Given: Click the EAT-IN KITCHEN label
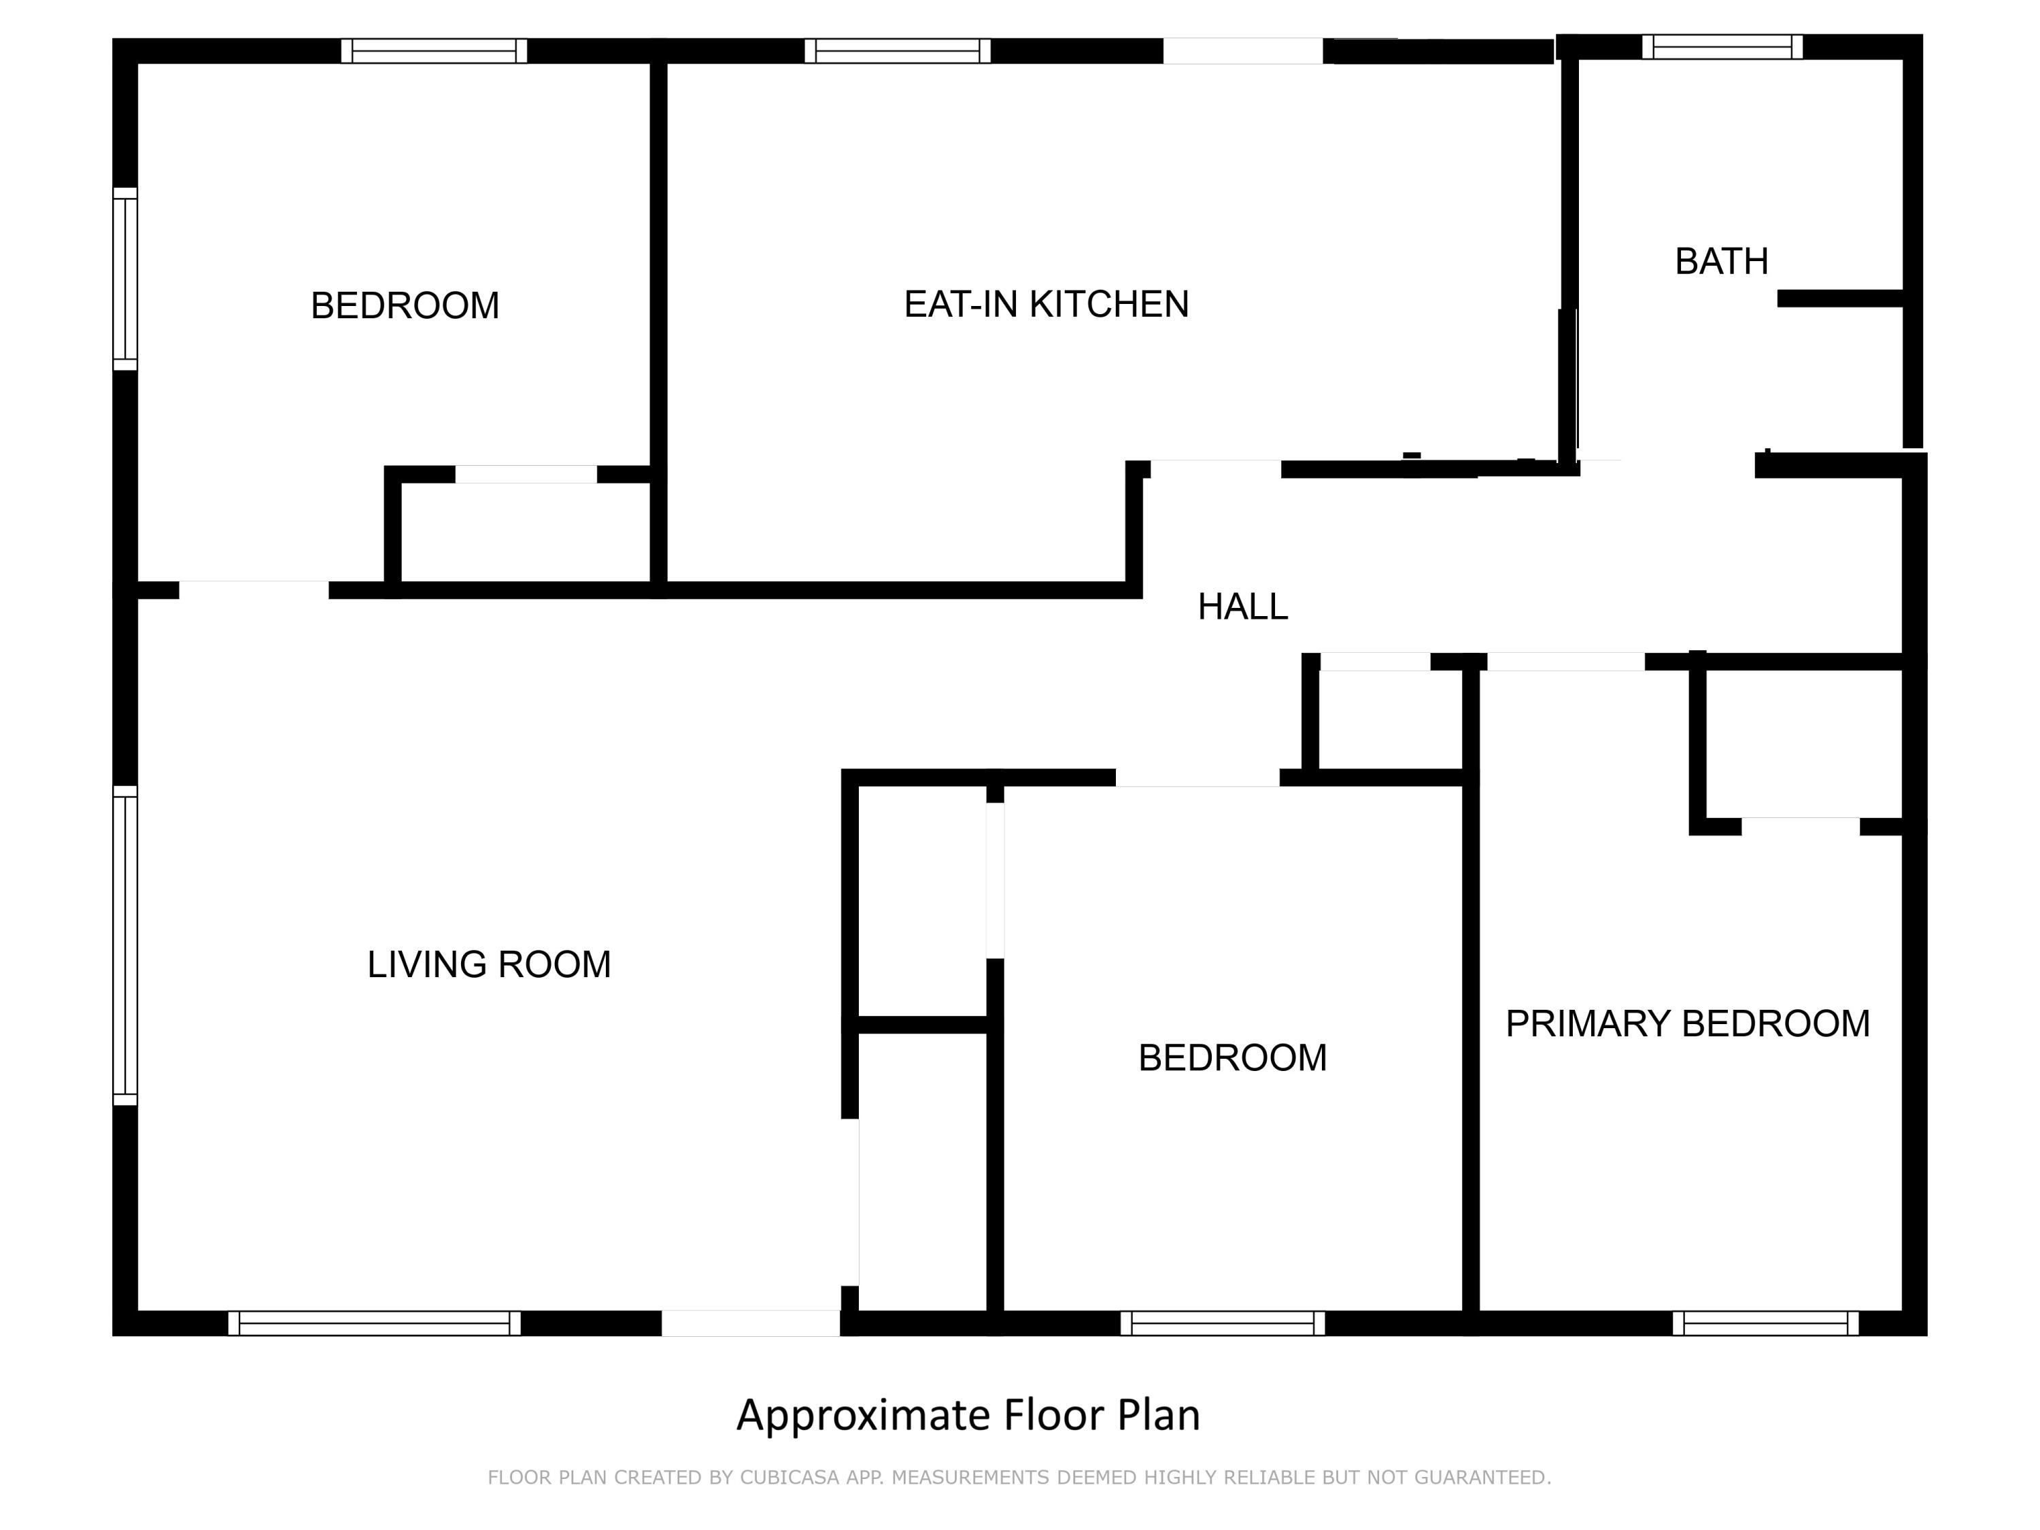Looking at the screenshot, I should tap(1046, 305).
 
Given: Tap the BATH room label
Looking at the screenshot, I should tap(1721, 262).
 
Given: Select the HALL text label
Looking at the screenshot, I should tap(1242, 607).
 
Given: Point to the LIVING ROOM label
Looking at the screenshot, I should tap(489, 965).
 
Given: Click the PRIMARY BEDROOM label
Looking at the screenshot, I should tap(1687, 1023).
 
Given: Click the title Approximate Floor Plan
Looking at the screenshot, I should tap(968, 1414).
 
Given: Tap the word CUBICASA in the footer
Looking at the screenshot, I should tap(789, 1478).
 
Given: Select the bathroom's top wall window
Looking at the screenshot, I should tap(1722, 47).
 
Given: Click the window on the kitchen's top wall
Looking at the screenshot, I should tap(898, 51).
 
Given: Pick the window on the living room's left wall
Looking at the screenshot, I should tap(125, 947).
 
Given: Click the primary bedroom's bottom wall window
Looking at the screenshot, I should tap(1765, 1323).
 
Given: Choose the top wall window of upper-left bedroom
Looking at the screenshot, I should tap(433, 51).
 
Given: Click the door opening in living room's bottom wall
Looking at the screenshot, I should tap(751, 1323).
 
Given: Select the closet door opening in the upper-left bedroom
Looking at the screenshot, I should tap(526, 474).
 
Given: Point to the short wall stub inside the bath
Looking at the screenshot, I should tap(1840, 299).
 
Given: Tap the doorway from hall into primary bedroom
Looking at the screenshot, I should tap(1565, 661).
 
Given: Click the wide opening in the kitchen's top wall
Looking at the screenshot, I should tap(1242, 51).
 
